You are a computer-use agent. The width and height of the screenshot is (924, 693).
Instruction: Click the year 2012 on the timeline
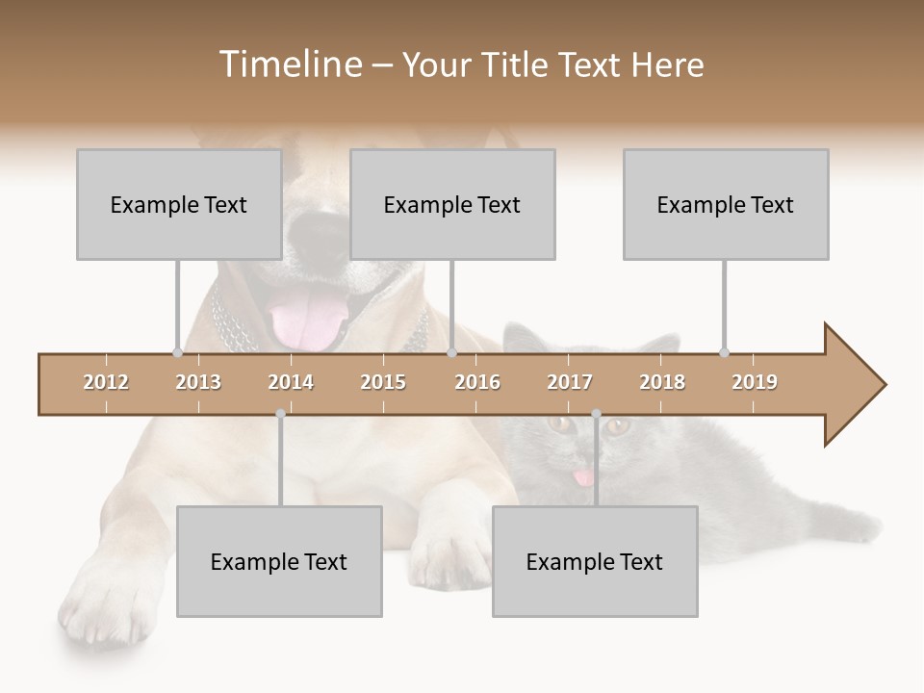106,382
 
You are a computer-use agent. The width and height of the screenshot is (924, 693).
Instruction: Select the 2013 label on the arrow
198,382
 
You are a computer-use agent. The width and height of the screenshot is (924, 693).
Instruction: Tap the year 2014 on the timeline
291,382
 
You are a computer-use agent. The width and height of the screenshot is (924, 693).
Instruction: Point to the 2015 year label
383,382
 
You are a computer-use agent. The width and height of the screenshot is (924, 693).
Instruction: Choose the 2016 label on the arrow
477,382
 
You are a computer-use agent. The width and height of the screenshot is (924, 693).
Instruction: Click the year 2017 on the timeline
570,382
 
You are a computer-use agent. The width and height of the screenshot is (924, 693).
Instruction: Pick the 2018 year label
662,382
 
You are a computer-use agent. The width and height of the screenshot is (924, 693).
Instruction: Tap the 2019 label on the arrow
755,382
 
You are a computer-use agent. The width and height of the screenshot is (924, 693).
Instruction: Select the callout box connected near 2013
179,204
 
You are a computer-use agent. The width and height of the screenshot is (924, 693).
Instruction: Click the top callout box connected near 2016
452,204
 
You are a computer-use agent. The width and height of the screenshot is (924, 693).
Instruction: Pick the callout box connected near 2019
726,204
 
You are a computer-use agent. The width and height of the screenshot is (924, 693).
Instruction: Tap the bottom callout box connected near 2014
279,561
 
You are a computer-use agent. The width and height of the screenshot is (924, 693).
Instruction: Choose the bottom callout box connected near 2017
595,561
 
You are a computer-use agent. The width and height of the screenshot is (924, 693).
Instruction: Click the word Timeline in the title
288,64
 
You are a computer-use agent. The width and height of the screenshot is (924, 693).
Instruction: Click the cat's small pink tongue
582,477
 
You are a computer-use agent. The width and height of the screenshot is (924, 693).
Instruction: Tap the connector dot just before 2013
177,352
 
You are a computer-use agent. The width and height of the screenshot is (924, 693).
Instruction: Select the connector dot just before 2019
724,352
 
